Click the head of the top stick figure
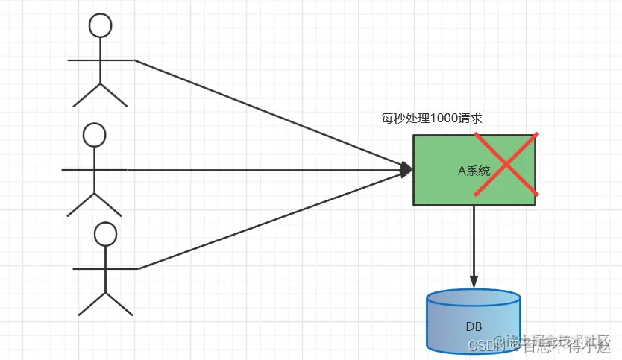coord(100,25)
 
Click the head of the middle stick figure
coord(94,135)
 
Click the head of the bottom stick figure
coord(106,234)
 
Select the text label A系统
coord(474,171)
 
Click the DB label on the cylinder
coord(474,326)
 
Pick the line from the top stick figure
coord(268,113)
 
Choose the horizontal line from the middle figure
coord(261,171)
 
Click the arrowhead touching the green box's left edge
coord(407,171)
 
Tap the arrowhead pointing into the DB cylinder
coord(474,282)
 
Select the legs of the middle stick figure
coord(94,203)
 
